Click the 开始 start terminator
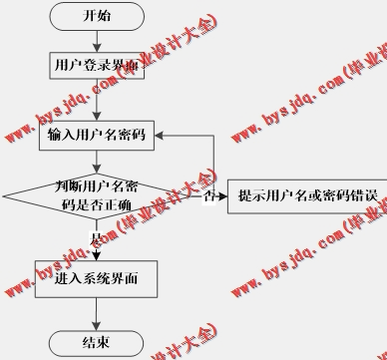click(x=97, y=16)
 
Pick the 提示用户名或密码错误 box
click(x=306, y=195)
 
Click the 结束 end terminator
click(x=97, y=342)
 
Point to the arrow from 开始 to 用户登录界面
click(x=97, y=40)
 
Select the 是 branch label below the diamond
click(x=96, y=239)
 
